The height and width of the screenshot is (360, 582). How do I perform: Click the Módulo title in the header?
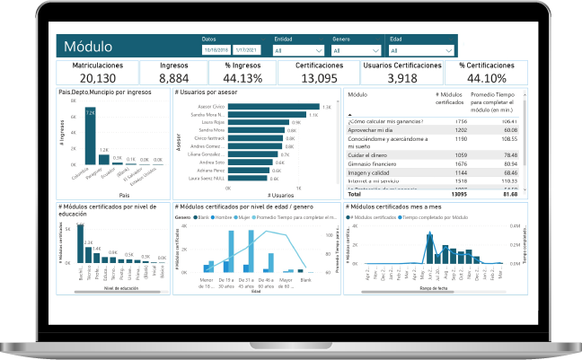pyautogui.click(x=88, y=47)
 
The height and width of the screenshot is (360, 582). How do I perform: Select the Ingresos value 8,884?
pyautogui.click(x=173, y=78)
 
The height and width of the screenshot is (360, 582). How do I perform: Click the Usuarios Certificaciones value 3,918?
pyautogui.click(x=401, y=78)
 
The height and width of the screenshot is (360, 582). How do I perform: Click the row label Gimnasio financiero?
pyautogui.click(x=376, y=164)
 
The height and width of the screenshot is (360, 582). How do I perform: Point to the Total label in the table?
pyautogui.click(x=354, y=193)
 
